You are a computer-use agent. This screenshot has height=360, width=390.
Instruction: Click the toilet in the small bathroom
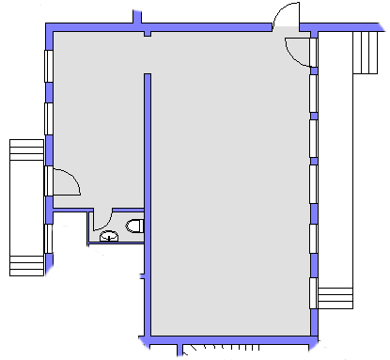(134, 226)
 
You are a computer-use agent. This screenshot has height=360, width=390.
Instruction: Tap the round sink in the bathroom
(110, 236)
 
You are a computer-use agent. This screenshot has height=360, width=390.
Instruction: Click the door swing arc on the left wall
(64, 180)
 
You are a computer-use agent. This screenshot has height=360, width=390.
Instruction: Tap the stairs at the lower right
(335, 298)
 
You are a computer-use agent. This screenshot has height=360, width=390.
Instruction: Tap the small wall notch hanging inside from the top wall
(148, 36)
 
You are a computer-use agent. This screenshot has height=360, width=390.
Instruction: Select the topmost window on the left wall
(47, 71)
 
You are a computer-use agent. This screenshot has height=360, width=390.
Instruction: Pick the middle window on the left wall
(47, 119)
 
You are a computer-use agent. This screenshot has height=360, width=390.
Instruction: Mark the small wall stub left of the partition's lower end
(141, 275)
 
